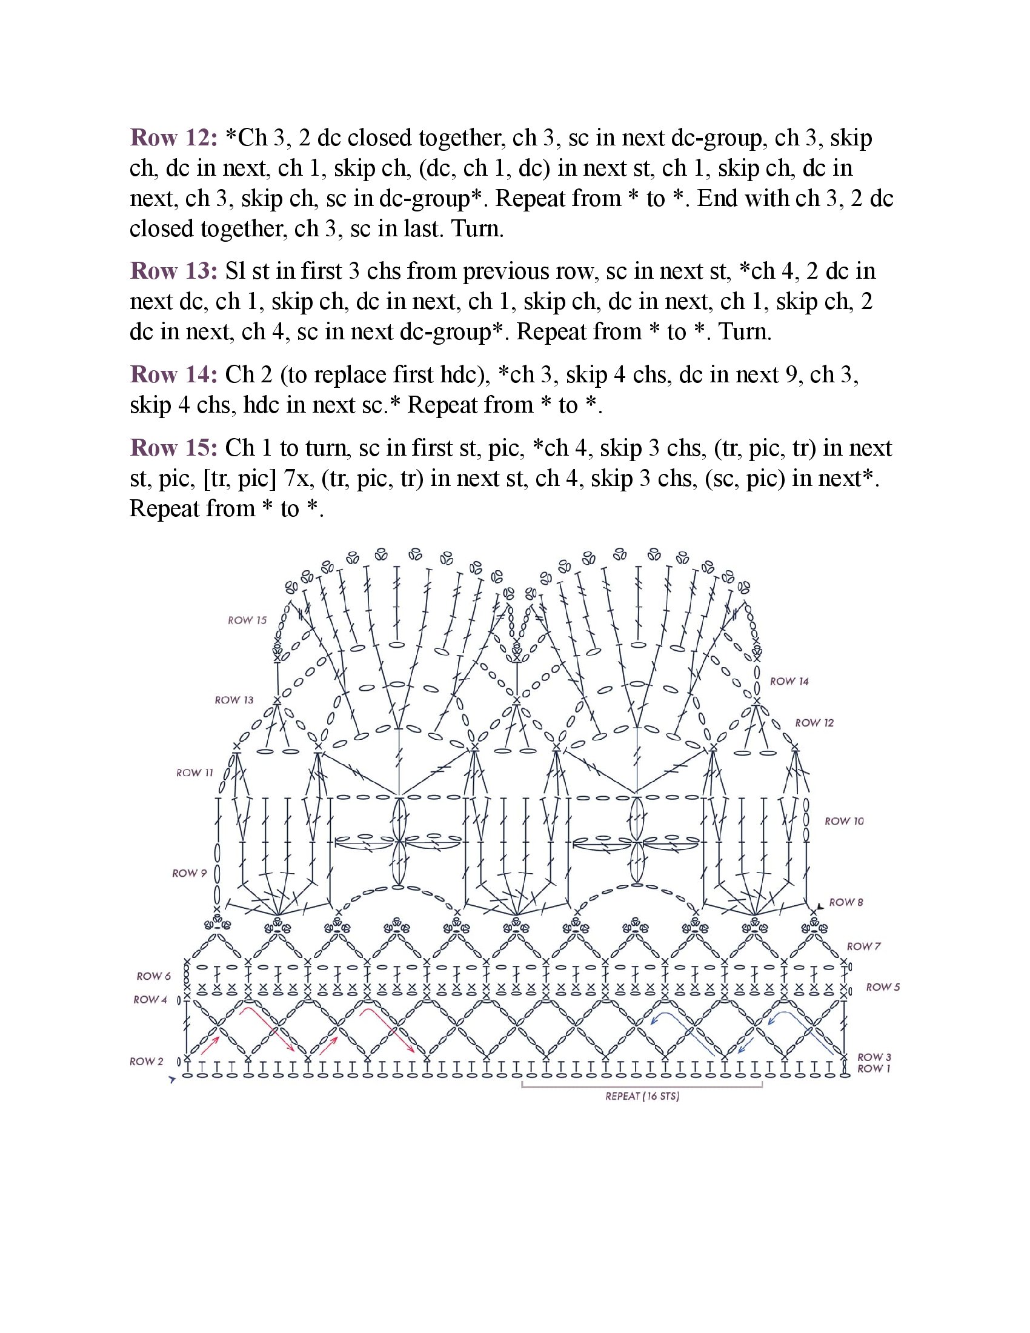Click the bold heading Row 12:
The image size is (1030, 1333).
(173, 138)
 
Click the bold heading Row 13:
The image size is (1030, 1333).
(173, 271)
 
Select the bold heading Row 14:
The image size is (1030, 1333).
(173, 374)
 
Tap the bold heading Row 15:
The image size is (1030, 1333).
(173, 448)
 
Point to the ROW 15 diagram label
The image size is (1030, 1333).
(247, 620)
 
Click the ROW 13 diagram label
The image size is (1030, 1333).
(234, 700)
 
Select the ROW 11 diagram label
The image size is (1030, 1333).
(194, 773)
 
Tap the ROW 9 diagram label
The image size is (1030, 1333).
(189, 873)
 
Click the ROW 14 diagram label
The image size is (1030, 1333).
(789, 681)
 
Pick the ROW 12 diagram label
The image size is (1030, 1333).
(814, 723)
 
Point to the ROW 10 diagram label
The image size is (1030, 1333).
(844, 821)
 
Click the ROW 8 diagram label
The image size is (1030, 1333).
(846, 902)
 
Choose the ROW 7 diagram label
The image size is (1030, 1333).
(863, 946)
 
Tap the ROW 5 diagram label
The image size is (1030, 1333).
(882, 987)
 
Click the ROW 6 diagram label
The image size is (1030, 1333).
(154, 976)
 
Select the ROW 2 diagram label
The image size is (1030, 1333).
(147, 1062)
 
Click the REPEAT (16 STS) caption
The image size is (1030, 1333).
(642, 1096)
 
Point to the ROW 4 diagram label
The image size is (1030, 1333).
(150, 999)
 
